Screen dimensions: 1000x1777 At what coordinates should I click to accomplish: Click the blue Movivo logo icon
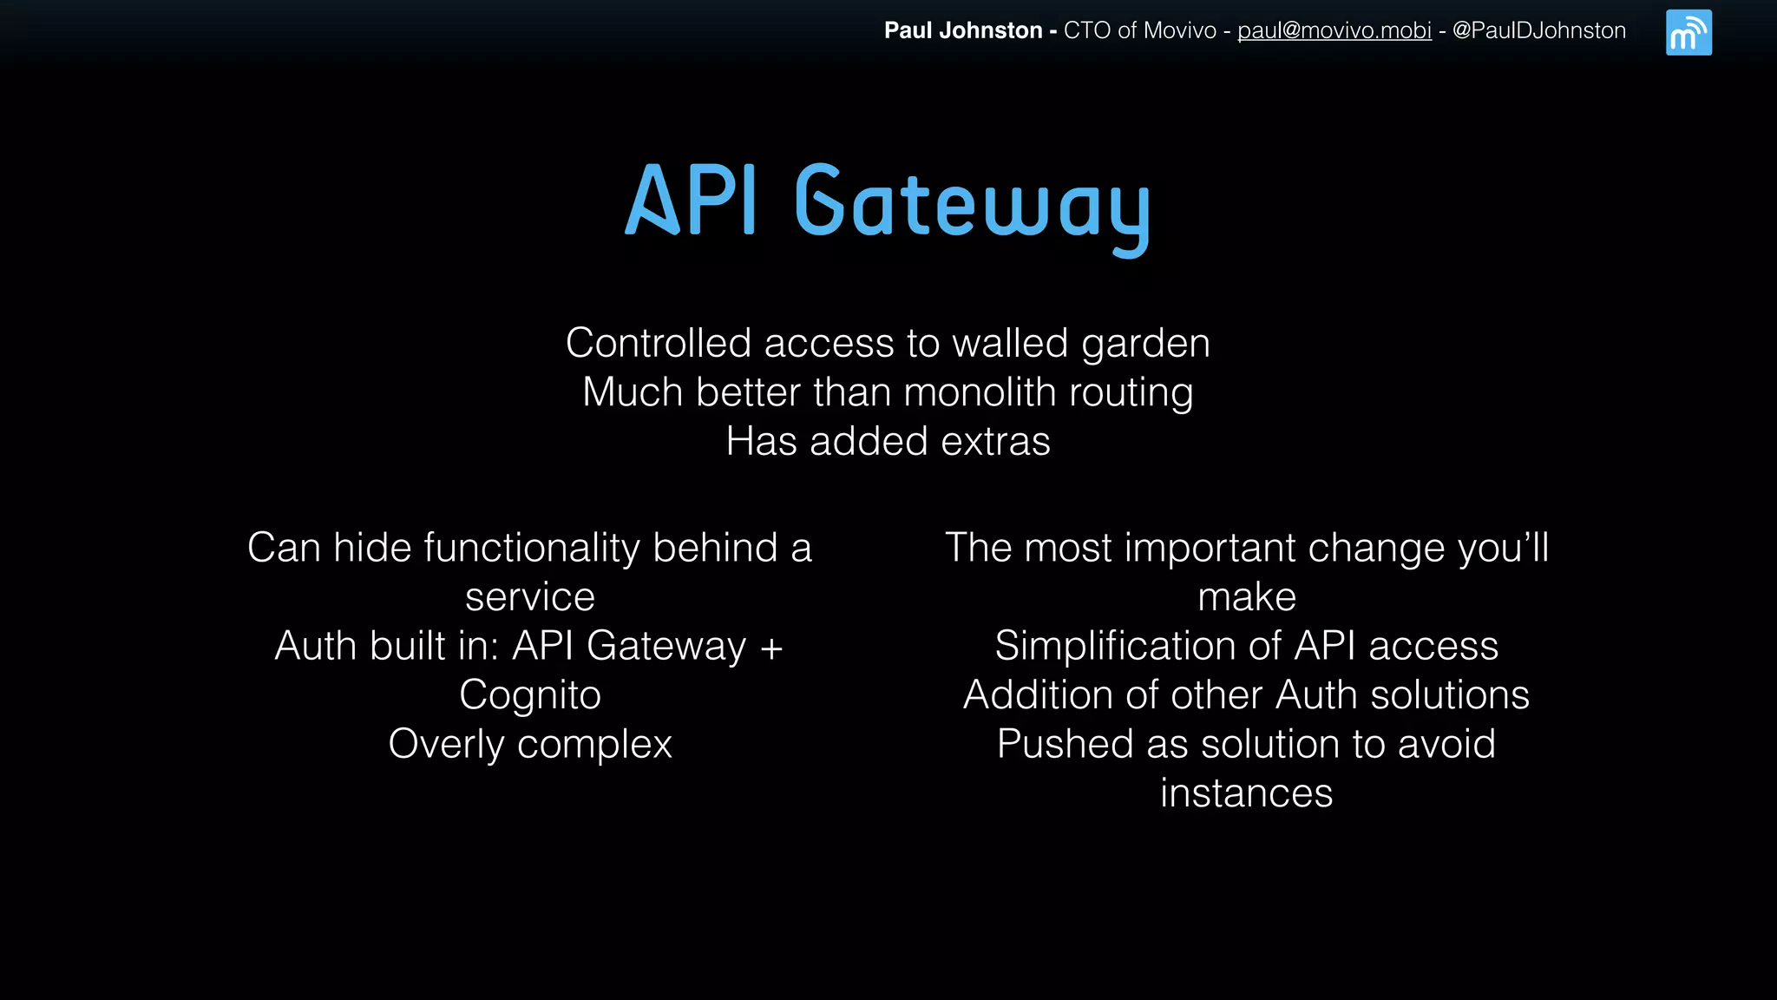[x=1688, y=33]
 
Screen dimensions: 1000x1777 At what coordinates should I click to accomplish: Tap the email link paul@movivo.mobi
[x=1334, y=30]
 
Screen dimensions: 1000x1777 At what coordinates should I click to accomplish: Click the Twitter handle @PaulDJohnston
[x=1538, y=30]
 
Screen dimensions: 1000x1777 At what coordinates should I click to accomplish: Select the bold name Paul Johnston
[x=963, y=30]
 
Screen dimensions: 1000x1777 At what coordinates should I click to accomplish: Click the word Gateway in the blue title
[x=972, y=205]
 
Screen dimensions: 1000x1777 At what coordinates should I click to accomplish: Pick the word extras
[x=995, y=442]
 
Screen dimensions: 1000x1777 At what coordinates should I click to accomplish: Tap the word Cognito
[x=530, y=695]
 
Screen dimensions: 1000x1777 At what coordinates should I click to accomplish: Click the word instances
[x=1246, y=793]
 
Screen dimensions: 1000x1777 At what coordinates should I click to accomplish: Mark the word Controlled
[x=659, y=344]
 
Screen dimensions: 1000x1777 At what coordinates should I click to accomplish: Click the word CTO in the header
[x=1087, y=30]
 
